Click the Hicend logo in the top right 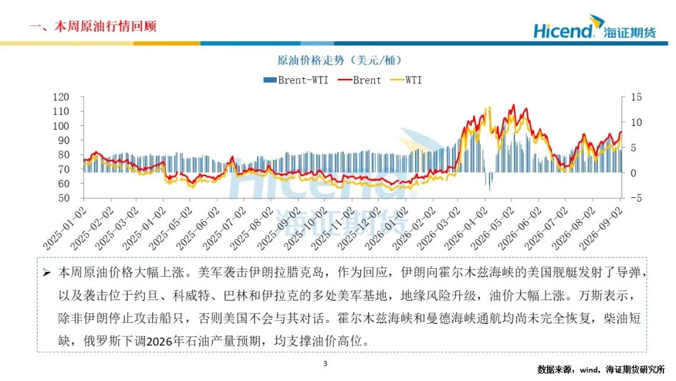pyautogui.click(x=595, y=27)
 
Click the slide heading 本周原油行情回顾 pyautogui.click(x=105, y=26)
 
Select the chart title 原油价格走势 pyautogui.click(x=312, y=60)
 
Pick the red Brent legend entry pyautogui.click(x=359, y=80)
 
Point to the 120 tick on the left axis pyautogui.click(x=61, y=97)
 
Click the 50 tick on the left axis pyautogui.click(x=64, y=198)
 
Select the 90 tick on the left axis pyautogui.click(x=64, y=140)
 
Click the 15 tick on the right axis pyautogui.click(x=637, y=97)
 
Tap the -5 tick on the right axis pyautogui.click(x=636, y=198)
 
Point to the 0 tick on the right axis pyautogui.click(x=633, y=173)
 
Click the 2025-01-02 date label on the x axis pyautogui.click(x=64, y=228)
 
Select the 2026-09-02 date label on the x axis pyautogui.click(x=600, y=228)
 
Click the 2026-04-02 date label pyautogui.click(x=466, y=228)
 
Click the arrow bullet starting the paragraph pyautogui.click(x=47, y=273)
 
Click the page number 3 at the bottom pyautogui.click(x=325, y=363)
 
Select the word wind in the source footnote pyautogui.click(x=589, y=370)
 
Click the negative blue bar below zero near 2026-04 pyautogui.click(x=489, y=181)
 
